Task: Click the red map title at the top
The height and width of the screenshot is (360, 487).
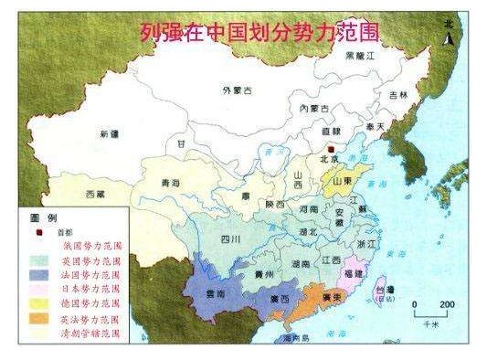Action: point(259,34)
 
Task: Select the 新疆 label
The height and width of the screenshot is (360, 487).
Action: point(110,134)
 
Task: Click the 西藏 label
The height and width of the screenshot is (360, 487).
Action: point(95,195)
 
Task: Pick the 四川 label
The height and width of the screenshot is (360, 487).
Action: point(230,240)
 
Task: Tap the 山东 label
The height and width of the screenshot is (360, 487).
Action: point(342,182)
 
